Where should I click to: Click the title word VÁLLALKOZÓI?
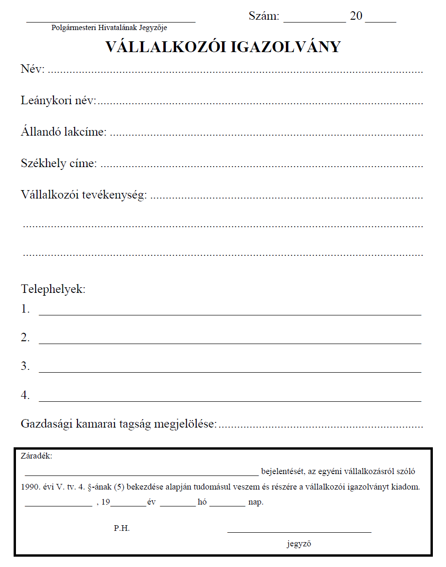160,47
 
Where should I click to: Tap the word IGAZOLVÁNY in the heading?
280,47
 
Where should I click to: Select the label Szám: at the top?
264,16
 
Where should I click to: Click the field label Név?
32,69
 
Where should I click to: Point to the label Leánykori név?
58,100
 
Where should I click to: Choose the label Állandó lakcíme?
63,132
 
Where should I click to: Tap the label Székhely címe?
59,163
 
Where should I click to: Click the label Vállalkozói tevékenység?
84,194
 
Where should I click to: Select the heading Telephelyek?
54,289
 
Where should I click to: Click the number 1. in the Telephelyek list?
25,309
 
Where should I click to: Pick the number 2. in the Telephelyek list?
25,338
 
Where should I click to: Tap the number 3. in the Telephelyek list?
25,367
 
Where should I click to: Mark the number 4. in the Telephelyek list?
25,396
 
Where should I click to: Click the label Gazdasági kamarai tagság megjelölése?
119,424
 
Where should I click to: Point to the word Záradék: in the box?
37,456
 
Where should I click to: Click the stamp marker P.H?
122,528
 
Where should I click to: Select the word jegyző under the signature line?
299,544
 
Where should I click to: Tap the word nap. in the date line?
256,502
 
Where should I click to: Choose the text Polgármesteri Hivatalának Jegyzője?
109,28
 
